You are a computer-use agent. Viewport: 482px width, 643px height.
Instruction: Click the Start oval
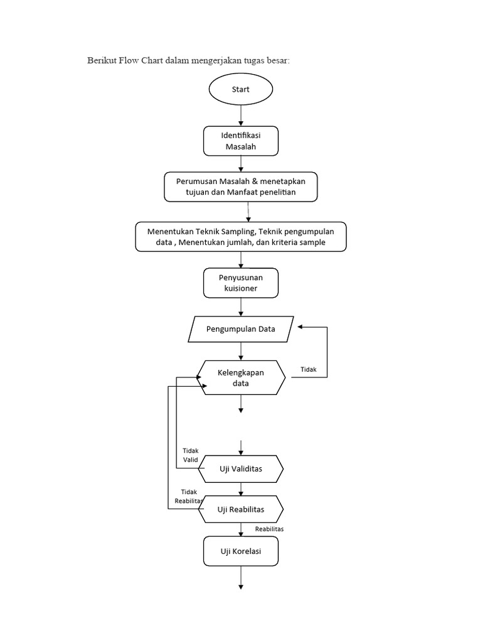click(x=241, y=90)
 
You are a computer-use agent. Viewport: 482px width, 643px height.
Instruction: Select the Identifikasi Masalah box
click(x=241, y=141)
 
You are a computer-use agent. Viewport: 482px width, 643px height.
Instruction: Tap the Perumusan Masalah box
click(x=241, y=186)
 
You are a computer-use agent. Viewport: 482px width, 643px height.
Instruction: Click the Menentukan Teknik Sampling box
click(x=241, y=237)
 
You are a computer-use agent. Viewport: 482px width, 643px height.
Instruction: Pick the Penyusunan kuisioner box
click(x=241, y=283)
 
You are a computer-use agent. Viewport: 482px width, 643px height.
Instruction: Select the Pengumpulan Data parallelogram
click(x=241, y=329)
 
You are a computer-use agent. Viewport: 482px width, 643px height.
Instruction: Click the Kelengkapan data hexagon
click(x=241, y=377)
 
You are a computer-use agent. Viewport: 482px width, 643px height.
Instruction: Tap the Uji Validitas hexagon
click(x=241, y=469)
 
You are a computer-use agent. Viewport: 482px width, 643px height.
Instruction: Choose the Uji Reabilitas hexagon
click(x=241, y=509)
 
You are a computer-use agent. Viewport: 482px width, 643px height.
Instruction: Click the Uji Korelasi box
click(x=241, y=553)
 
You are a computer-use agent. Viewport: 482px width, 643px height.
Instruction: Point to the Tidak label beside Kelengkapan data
click(x=308, y=370)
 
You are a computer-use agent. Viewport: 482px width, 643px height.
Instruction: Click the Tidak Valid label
click(x=190, y=455)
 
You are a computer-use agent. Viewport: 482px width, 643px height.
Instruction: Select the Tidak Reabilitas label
click(x=189, y=496)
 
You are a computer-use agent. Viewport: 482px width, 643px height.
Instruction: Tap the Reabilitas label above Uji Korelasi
click(x=269, y=529)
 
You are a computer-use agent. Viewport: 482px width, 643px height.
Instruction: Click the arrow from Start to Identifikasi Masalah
click(x=241, y=116)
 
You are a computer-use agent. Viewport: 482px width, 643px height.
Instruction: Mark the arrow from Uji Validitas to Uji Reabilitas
click(x=241, y=489)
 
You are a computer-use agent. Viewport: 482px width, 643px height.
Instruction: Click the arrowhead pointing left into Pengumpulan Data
click(x=301, y=327)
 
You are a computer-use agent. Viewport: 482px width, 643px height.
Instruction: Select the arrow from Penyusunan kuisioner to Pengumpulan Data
click(x=241, y=307)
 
